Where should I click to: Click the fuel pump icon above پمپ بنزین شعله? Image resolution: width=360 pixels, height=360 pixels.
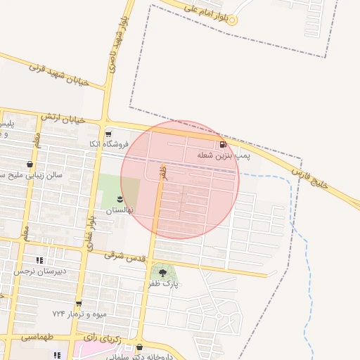point(222,144)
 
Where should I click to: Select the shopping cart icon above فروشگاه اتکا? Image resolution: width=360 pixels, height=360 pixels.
point(108,134)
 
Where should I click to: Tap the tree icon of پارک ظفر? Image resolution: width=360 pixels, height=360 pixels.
point(163,273)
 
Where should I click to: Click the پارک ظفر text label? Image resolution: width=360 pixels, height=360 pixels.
point(163,284)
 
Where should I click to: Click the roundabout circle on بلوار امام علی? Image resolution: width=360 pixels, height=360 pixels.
point(232,20)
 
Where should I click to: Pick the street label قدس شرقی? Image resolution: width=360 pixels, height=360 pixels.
point(126,257)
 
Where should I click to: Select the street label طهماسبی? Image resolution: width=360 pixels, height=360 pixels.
point(37,337)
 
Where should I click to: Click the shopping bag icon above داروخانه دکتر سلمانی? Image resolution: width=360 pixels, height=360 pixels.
point(139,347)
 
